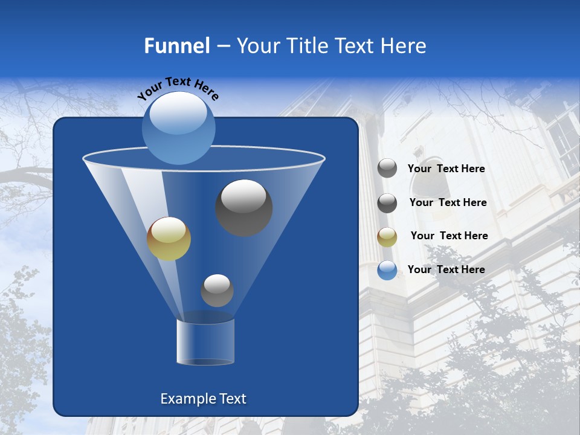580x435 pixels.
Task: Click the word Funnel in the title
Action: coord(176,46)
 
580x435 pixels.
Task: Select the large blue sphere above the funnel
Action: coord(179,127)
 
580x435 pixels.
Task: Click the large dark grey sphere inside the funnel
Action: coord(243,207)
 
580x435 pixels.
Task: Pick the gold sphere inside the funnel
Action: coord(169,239)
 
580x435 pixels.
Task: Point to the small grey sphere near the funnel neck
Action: coord(217,291)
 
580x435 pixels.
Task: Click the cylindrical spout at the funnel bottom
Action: coord(205,342)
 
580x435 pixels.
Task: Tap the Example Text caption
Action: coord(203,399)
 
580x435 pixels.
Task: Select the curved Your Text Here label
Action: coord(178,88)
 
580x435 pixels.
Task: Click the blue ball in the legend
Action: coord(387,270)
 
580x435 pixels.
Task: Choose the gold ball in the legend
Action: coord(387,237)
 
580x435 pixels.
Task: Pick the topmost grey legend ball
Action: coord(387,169)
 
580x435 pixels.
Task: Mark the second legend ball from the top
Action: coord(387,203)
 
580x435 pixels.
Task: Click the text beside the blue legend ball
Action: coord(446,269)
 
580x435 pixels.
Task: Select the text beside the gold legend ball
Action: coord(449,236)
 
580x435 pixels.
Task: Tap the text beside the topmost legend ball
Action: coord(446,169)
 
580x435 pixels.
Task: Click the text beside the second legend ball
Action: coord(448,202)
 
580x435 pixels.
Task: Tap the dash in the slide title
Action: coord(222,46)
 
